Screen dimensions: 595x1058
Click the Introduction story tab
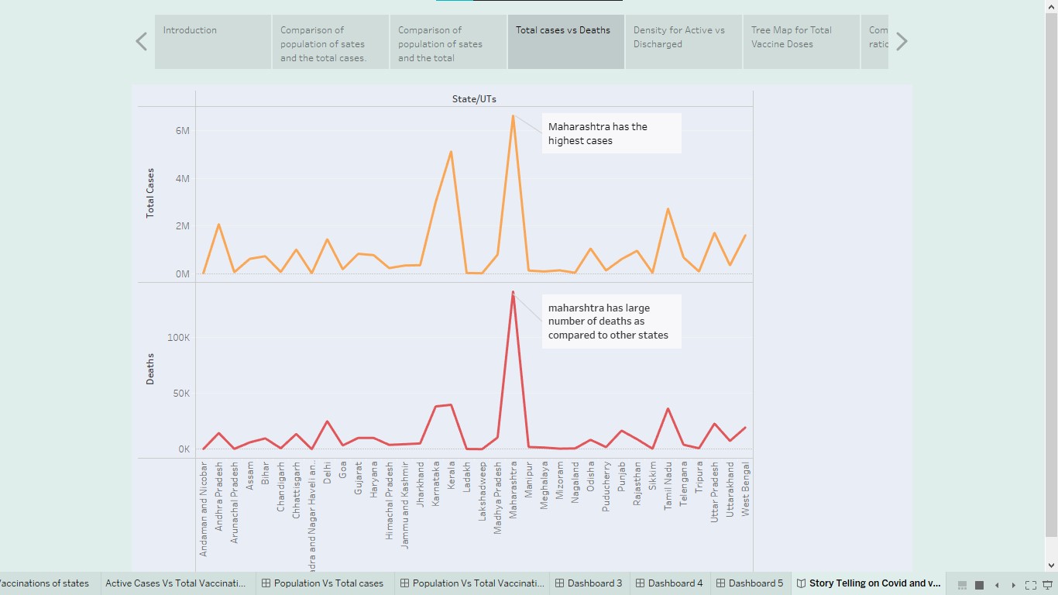point(213,42)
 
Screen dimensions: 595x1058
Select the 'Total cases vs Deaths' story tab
point(565,42)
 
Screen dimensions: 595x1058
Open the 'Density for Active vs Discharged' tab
point(683,42)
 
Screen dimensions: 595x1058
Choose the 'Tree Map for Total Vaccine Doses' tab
point(801,42)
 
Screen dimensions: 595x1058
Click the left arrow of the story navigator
point(142,42)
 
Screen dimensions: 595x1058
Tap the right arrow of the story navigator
point(902,42)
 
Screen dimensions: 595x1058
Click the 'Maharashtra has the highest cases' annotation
point(611,133)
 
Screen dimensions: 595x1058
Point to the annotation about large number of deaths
point(611,322)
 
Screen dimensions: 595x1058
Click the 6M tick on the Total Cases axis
point(182,131)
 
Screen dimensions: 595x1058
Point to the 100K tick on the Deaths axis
point(178,338)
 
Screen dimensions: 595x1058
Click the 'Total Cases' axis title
point(150,192)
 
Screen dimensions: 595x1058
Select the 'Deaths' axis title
point(150,369)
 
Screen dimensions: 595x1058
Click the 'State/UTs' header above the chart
point(474,99)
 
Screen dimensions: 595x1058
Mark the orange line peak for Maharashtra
point(513,116)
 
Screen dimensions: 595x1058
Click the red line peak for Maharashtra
point(513,292)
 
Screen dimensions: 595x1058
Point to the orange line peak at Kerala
point(451,152)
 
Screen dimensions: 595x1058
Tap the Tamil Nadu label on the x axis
point(668,486)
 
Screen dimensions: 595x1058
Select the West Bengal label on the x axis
point(746,486)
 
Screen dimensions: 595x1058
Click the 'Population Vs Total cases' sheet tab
point(322,583)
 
